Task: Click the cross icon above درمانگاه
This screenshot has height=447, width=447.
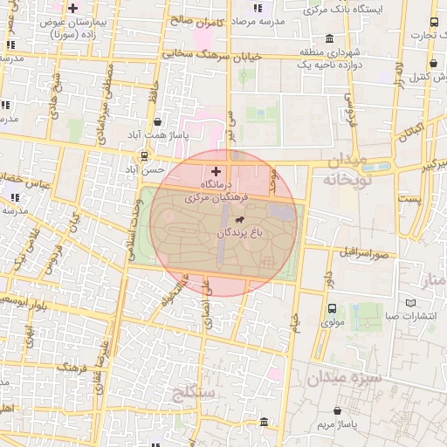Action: pos(217,172)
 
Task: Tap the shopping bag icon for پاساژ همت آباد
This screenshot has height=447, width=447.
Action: pos(156,122)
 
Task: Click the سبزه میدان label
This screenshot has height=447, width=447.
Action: pos(344,378)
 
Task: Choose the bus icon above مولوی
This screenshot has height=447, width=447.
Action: pos(332,309)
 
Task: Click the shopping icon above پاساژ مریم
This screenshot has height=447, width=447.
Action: pos(339,410)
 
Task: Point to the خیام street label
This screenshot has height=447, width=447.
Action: pos(293,331)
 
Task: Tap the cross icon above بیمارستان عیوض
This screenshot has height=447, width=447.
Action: pos(74,8)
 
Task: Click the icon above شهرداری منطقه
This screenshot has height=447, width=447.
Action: pos(328,38)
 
